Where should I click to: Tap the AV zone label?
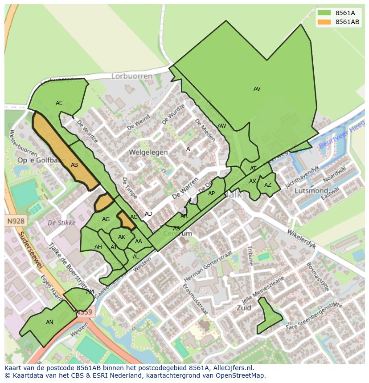(x=257, y=89)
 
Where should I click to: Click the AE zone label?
(x=59, y=103)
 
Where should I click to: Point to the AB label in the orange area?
(x=74, y=165)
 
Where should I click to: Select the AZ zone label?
(x=267, y=185)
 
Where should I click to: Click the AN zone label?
(x=49, y=323)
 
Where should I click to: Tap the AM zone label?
(x=90, y=292)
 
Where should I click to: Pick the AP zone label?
(x=211, y=194)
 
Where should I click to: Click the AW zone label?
(x=221, y=126)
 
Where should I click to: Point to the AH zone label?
(x=98, y=247)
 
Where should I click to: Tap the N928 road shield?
(x=16, y=221)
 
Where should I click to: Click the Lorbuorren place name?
(x=131, y=76)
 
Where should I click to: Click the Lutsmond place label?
(x=312, y=190)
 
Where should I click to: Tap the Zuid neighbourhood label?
(x=244, y=307)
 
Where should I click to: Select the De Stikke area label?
(x=61, y=222)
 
